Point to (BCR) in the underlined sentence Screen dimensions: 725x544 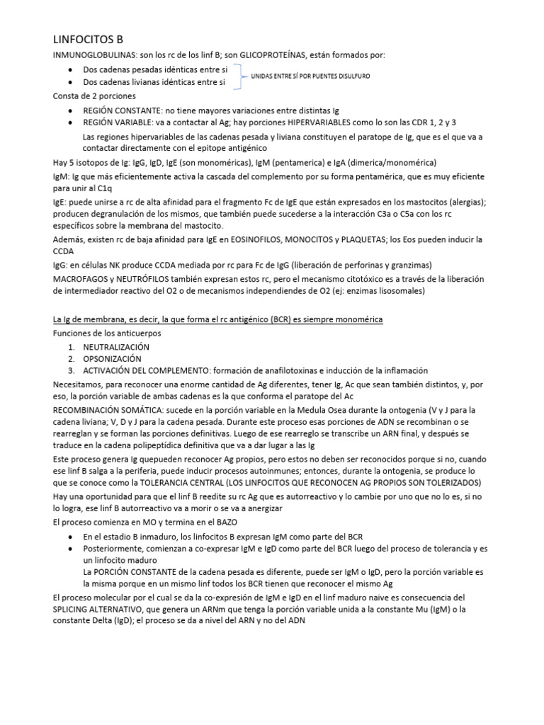[x=278, y=320]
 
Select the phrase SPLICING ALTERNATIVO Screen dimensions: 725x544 [x=106, y=609]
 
